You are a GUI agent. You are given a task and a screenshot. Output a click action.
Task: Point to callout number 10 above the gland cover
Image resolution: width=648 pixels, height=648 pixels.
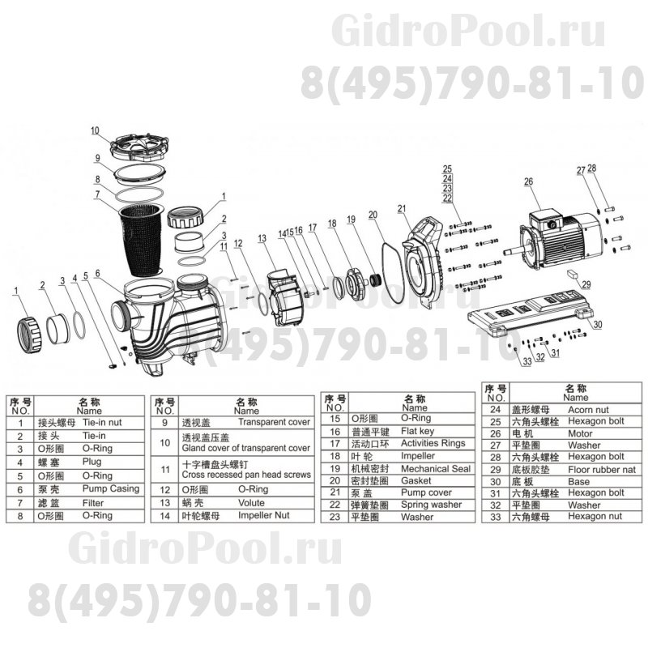(x=95, y=130)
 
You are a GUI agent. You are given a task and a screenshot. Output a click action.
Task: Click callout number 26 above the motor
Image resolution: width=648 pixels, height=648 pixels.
(x=528, y=181)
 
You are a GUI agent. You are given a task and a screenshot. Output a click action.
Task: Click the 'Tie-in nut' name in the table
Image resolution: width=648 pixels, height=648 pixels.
(x=104, y=423)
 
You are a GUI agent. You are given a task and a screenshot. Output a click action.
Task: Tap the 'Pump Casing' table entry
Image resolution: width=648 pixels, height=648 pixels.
(x=110, y=489)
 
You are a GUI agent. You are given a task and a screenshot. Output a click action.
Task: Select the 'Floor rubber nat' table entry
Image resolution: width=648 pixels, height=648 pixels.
(x=601, y=469)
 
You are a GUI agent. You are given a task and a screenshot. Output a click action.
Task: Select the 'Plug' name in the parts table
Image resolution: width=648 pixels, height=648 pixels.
(x=92, y=463)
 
